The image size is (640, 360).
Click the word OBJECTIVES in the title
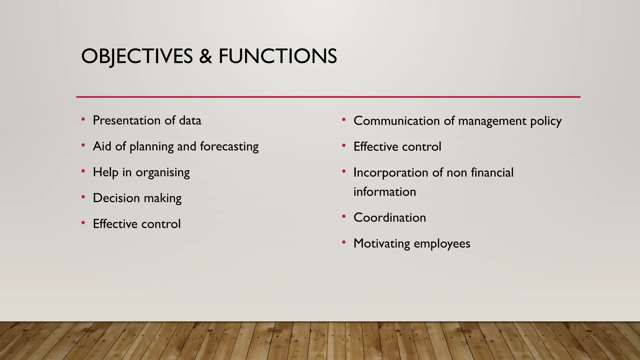coord(137,57)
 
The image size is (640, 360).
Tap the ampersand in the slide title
coord(205,57)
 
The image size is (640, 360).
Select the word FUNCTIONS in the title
coord(277,57)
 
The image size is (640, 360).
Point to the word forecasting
coord(229,147)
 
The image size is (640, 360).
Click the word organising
coord(162,172)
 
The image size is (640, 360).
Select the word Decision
coord(116,198)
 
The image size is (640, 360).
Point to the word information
coord(385,192)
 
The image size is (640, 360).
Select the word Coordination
coord(390,218)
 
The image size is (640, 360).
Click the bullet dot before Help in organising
coord(83,171)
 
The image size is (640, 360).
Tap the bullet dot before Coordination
coord(344,217)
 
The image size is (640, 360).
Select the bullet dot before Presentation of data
coord(83,119)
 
